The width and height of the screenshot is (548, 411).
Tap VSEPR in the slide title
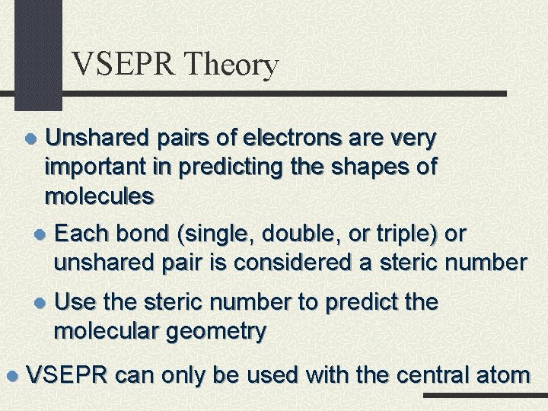(x=122, y=65)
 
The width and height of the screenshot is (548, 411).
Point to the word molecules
(x=100, y=196)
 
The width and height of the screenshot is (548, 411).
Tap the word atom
(x=505, y=374)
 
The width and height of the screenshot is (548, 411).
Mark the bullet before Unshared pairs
(x=30, y=139)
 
